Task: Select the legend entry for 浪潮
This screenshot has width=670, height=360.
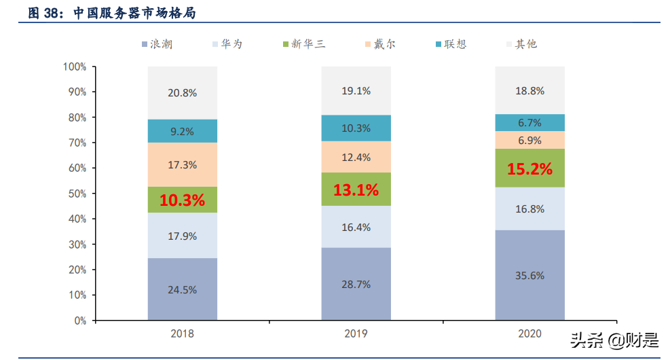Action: tap(157, 44)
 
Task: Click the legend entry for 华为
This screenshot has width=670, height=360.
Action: tap(227, 44)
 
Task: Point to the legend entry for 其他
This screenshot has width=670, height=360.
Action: tap(520, 44)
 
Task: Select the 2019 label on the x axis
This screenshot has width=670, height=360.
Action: tap(356, 334)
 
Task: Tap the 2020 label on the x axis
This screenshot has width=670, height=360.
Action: tap(529, 334)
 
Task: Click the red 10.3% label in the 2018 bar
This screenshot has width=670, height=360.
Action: tap(182, 200)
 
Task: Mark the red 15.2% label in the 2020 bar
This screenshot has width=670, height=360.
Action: tap(529, 169)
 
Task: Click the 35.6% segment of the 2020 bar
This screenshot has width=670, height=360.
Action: tap(529, 276)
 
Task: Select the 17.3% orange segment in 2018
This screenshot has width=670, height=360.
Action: tap(182, 164)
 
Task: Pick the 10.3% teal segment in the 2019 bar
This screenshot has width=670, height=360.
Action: tap(356, 128)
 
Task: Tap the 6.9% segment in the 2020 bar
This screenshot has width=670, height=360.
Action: tap(529, 141)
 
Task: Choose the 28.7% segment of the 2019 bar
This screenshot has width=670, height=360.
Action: tap(356, 285)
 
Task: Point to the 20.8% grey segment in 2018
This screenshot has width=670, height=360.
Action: tap(182, 93)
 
